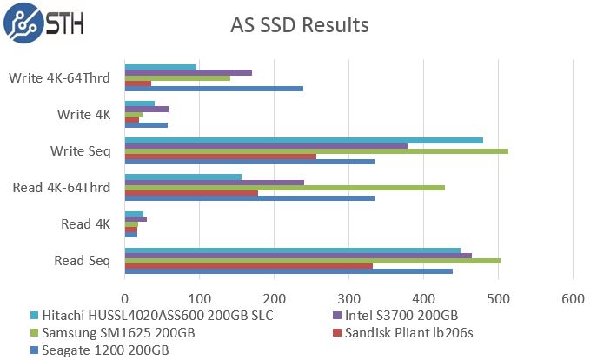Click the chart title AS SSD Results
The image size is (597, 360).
(299, 24)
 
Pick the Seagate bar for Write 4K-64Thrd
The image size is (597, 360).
(214, 89)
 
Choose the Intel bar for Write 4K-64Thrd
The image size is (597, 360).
(188, 72)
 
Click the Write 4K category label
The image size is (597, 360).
(83, 114)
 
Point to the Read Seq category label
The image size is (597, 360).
(83, 260)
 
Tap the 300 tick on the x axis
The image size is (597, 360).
(349, 298)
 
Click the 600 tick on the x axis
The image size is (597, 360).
(573, 298)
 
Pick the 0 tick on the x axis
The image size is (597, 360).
(125, 298)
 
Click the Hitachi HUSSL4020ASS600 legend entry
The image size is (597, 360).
(151, 315)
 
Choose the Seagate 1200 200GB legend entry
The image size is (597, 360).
(103, 350)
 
